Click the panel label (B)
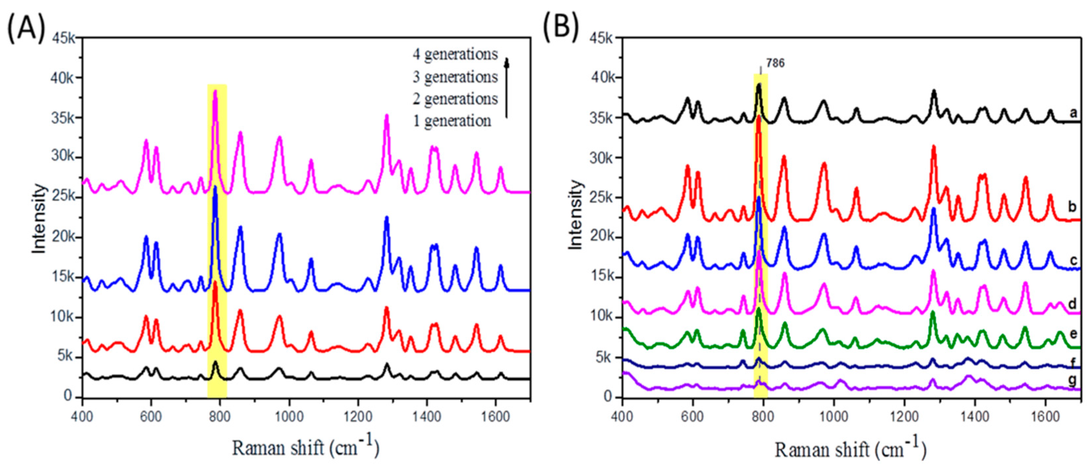click(561, 29)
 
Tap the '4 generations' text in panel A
click(455, 54)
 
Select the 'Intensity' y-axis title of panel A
click(39, 218)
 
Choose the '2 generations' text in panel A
click(455, 99)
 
